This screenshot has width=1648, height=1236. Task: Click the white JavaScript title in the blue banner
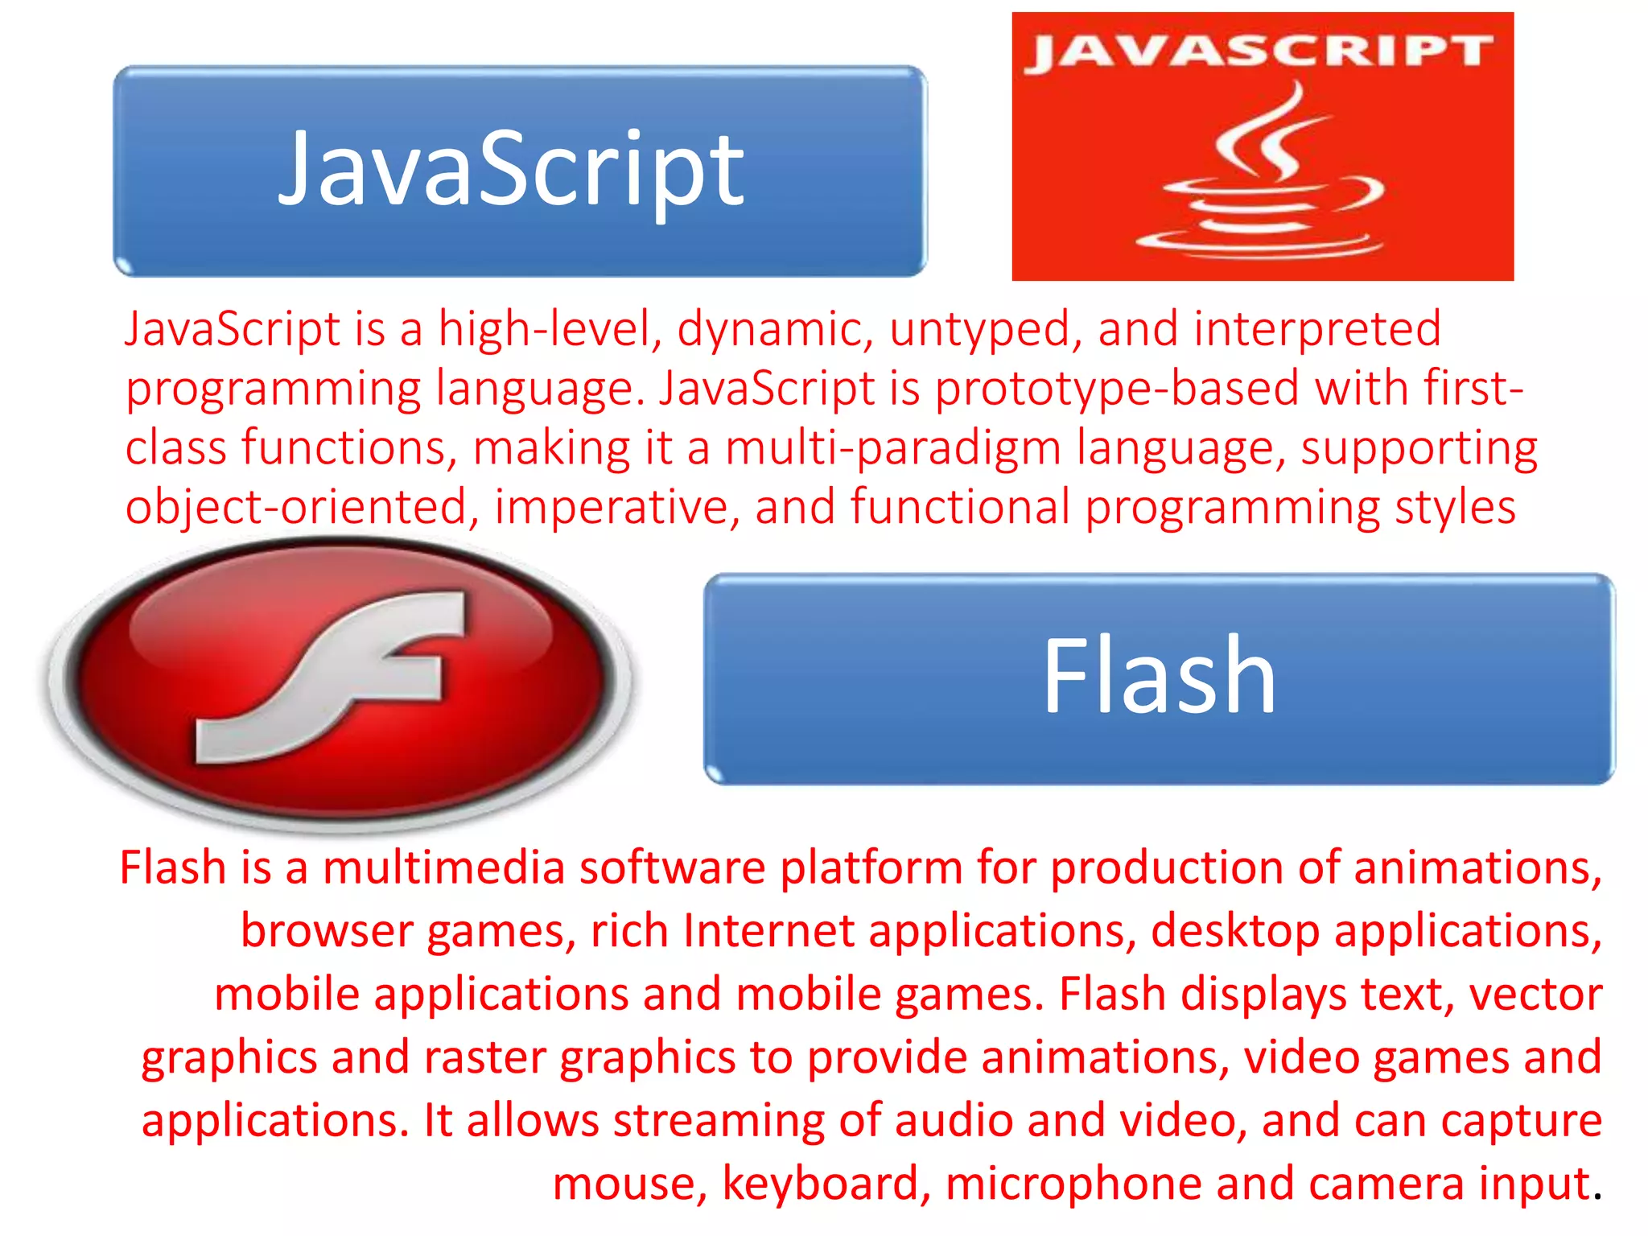pos(512,171)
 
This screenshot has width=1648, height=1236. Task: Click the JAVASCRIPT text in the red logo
pos(1261,51)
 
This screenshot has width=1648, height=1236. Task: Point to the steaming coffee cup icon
pos(1261,177)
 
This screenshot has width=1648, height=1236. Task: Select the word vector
pos(1535,995)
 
